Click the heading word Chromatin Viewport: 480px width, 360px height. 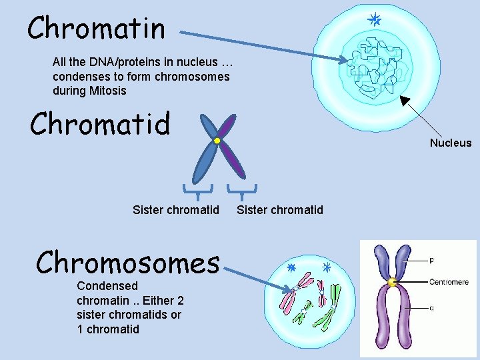click(x=96, y=28)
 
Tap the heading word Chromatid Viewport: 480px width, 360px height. click(x=100, y=124)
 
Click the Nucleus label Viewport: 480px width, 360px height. click(x=450, y=143)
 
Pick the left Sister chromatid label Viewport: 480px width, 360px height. click(x=176, y=210)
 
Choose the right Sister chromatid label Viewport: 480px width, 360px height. click(x=280, y=210)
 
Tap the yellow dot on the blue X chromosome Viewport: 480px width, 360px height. click(x=217, y=141)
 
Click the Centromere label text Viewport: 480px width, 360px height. click(x=449, y=282)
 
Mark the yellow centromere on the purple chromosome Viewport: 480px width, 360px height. click(x=392, y=283)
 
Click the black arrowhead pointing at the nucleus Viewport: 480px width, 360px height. click(x=405, y=101)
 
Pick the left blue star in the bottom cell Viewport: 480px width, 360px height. click(x=291, y=268)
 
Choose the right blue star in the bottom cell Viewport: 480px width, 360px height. click(x=327, y=268)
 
